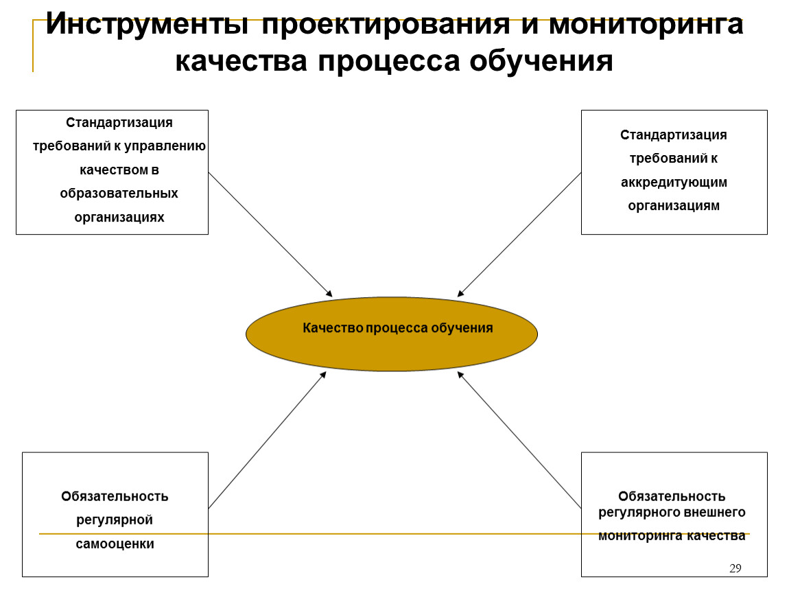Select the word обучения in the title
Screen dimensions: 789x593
pos(541,61)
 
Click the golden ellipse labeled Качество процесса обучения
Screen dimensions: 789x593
pos(392,334)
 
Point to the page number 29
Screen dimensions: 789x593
pos(735,568)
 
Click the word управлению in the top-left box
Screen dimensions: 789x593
pos(165,146)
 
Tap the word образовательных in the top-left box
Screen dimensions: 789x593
pos(119,194)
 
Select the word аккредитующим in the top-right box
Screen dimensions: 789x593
pos(674,183)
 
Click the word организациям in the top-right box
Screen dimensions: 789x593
pos(674,206)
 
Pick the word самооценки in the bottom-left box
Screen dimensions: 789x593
pos(115,544)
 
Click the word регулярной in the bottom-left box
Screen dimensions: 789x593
pos(115,520)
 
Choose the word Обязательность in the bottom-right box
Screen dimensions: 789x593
pos(672,496)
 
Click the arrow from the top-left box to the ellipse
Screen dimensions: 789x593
pos(270,235)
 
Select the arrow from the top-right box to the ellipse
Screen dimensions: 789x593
pos(519,235)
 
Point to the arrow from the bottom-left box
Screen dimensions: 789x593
pos(268,440)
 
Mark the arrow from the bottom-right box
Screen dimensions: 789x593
pos(519,440)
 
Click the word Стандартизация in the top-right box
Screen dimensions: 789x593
pos(674,135)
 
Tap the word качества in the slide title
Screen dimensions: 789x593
pos(241,61)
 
